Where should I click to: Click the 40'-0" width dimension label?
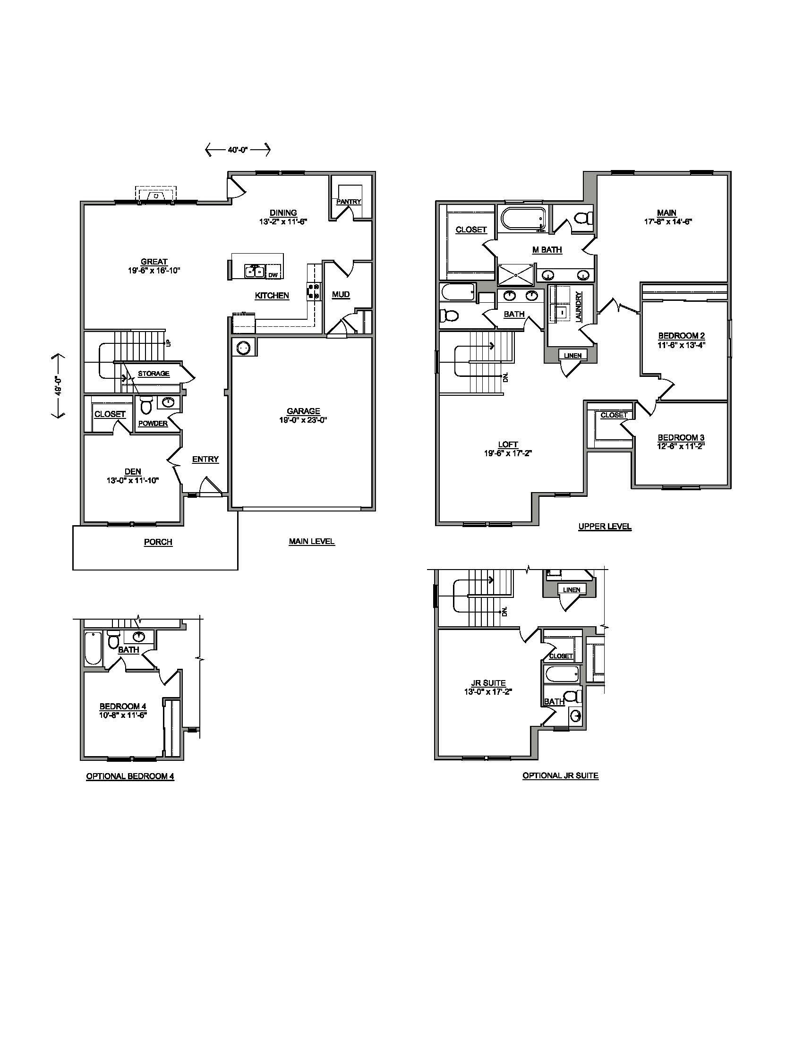pyautogui.click(x=238, y=150)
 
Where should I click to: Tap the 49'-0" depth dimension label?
pyautogui.click(x=58, y=386)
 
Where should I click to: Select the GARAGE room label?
pyautogui.click(x=303, y=411)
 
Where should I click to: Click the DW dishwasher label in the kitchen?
pyautogui.click(x=273, y=275)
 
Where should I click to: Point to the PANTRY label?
pyautogui.click(x=349, y=202)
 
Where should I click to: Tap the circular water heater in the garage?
pyautogui.click(x=244, y=348)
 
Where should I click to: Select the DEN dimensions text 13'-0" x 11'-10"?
pyautogui.click(x=132, y=480)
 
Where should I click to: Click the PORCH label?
pyautogui.click(x=158, y=542)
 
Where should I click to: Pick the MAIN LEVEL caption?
pyautogui.click(x=312, y=541)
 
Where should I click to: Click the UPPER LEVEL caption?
pyautogui.click(x=605, y=527)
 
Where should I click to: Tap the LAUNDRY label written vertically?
pyautogui.click(x=579, y=307)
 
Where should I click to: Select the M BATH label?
pyautogui.click(x=547, y=250)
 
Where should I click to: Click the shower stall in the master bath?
pyautogui.click(x=516, y=274)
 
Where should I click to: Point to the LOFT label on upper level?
pyautogui.click(x=508, y=444)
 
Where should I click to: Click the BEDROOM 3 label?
pyautogui.click(x=681, y=438)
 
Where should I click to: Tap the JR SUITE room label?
pyautogui.click(x=488, y=683)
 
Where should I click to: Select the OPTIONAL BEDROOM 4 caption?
pyautogui.click(x=130, y=776)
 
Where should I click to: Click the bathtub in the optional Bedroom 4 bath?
pyautogui.click(x=93, y=648)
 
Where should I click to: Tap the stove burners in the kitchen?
pyautogui.click(x=314, y=291)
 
